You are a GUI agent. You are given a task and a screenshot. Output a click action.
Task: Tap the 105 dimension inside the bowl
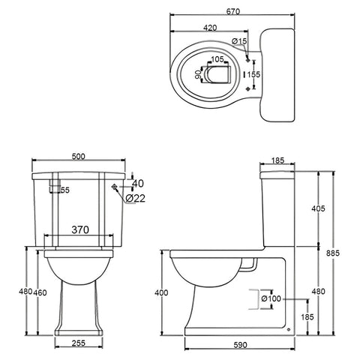[x=217, y=59]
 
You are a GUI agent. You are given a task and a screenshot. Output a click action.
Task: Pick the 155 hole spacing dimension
[x=254, y=74]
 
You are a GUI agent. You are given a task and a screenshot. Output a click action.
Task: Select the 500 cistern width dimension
[x=79, y=156]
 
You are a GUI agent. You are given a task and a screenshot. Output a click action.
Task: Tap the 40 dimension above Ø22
[x=136, y=183]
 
